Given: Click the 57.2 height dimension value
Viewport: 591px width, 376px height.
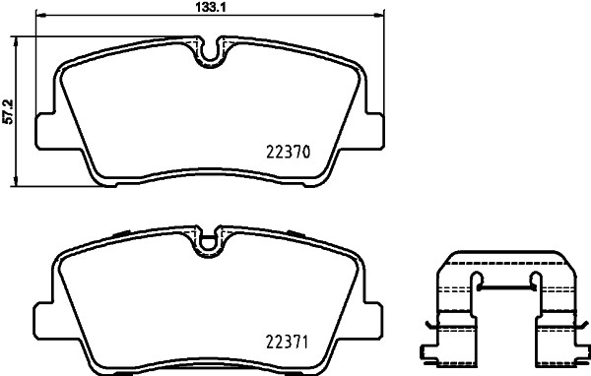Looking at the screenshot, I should point(8,110).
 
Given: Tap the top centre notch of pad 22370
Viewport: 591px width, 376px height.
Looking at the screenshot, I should point(208,51).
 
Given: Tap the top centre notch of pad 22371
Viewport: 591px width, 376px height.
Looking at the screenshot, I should point(208,240).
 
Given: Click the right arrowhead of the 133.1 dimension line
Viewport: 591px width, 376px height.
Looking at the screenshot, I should point(378,17).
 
